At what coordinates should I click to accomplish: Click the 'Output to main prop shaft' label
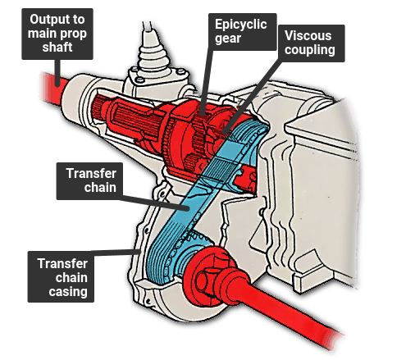(57, 34)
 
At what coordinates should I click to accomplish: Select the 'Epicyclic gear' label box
(243, 32)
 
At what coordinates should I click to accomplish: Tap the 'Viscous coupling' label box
(312, 43)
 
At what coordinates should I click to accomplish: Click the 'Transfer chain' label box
(89, 181)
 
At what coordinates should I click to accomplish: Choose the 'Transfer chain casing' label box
(61, 276)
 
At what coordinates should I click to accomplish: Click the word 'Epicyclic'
(241, 25)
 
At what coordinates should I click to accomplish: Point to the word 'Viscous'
(308, 36)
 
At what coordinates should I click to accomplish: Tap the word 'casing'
(68, 292)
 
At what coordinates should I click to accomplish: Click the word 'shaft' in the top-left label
(57, 48)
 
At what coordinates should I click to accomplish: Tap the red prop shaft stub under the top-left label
(52, 88)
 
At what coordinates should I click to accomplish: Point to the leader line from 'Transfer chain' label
(154, 202)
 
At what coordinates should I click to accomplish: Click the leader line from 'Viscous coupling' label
(253, 96)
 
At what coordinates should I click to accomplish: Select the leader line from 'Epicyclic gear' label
(206, 82)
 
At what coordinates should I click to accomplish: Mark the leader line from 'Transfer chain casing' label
(116, 251)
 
